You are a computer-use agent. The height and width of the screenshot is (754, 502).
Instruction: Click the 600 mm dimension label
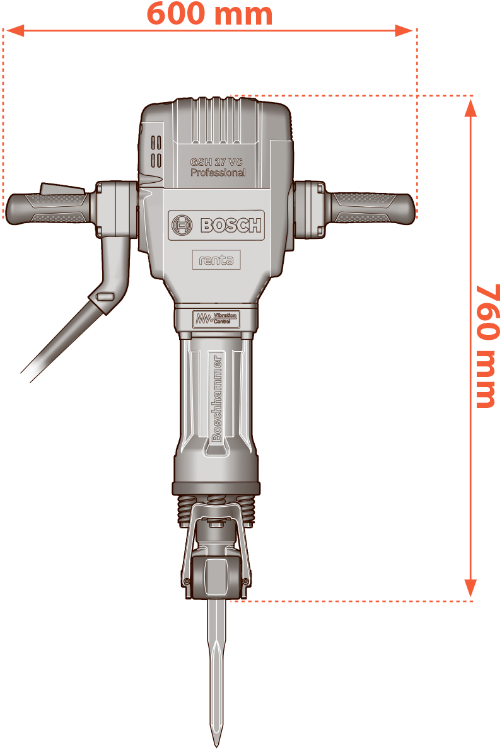pos(209,13)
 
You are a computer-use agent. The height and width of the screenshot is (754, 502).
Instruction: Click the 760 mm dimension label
pos(487,346)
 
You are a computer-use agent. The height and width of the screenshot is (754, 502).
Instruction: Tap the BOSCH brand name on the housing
pos(231,225)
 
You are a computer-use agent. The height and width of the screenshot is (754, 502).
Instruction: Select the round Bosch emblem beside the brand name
pos(182,224)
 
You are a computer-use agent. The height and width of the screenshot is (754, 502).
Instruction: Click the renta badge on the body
pos(216,260)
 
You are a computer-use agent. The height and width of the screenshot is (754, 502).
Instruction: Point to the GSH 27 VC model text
pos(216,162)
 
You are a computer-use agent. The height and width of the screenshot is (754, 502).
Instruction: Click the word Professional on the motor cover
pos(218,172)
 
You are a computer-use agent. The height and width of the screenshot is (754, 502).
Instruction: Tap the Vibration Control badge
pos(216,319)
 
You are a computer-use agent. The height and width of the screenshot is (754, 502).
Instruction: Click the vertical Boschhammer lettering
pos(217,398)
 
